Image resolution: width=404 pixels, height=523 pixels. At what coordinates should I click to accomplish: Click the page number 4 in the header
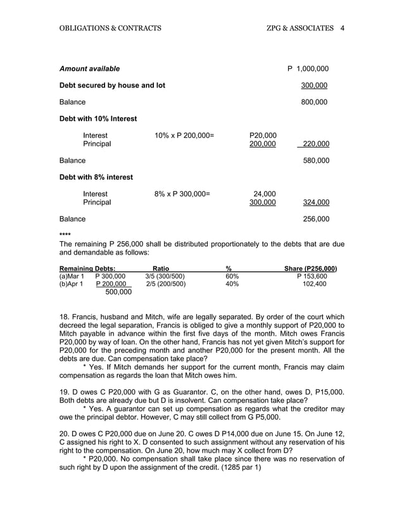[x=342, y=28]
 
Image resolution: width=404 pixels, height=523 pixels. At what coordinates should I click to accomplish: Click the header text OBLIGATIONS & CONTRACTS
[x=110, y=28]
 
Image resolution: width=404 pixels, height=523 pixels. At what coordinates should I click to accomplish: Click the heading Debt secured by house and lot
[x=112, y=85]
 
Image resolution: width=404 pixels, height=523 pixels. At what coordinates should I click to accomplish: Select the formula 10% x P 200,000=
[x=184, y=135]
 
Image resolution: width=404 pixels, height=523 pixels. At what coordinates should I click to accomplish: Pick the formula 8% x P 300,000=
[x=182, y=194]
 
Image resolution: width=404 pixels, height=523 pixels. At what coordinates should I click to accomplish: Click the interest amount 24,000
[x=264, y=194]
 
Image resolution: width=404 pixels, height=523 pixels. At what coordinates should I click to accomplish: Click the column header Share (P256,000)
[x=310, y=268]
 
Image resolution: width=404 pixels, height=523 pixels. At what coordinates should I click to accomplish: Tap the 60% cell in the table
[x=232, y=277]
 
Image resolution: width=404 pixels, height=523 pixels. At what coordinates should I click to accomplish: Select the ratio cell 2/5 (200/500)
[x=165, y=284]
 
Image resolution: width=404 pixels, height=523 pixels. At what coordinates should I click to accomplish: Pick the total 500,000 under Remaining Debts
[x=118, y=293]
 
